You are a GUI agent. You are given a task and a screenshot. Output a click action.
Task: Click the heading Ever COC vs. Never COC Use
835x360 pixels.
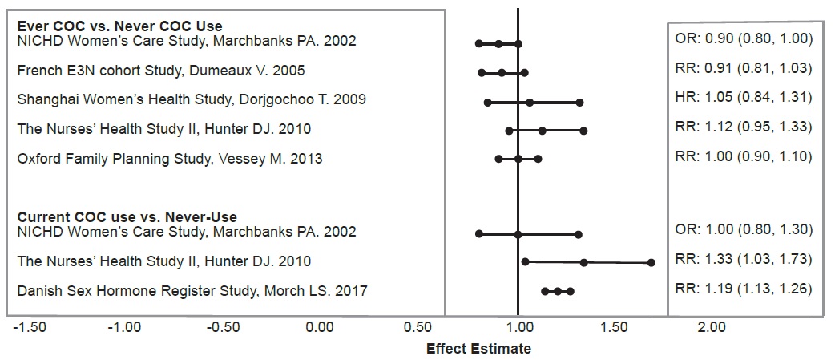pyautogui.click(x=119, y=27)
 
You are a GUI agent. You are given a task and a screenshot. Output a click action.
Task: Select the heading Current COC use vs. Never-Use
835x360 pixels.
pyautogui.click(x=127, y=217)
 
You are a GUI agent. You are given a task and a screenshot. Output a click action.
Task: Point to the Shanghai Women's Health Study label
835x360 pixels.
pyautogui.click(x=192, y=99)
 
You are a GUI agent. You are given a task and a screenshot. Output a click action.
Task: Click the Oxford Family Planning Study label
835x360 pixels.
pyautogui.click(x=170, y=159)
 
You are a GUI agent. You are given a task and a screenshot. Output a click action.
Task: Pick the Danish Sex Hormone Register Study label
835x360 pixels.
pyautogui.click(x=192, y=290)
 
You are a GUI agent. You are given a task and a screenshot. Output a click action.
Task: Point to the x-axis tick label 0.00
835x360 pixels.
pyautogui.click(x=320, y=327)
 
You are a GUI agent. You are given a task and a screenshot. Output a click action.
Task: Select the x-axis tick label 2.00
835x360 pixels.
pyautogui.click(x=712, y=327)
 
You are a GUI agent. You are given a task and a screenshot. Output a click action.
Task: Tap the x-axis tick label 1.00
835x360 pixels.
pyautogui.click(x=518, y=327)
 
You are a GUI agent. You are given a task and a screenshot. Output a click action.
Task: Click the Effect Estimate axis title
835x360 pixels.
pyautogui.click(x=478, y=349)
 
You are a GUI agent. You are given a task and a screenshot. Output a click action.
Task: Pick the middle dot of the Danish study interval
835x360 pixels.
pyautogui.click(x=558, y=292)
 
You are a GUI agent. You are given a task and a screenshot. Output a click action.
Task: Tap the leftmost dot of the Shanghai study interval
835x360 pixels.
pyautogui.click(x=487, y=103)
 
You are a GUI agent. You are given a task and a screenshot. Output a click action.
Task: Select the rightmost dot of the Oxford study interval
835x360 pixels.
pyautogui.click(x=538, y=159)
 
